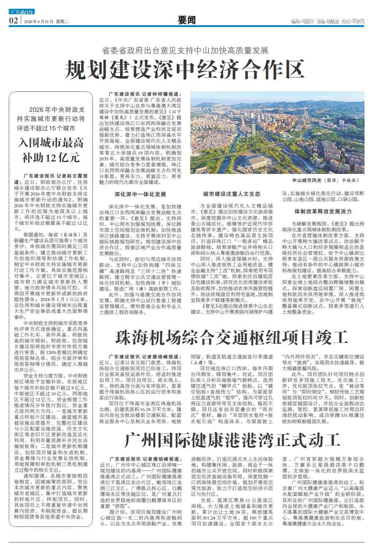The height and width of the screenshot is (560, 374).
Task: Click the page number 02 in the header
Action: click(14, 21)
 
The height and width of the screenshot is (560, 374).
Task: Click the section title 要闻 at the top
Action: click(187, 21)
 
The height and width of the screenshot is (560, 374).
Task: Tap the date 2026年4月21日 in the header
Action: click(38, 22)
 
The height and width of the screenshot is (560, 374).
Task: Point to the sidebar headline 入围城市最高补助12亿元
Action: click(51, 150)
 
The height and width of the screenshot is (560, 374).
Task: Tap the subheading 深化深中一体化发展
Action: click(140, 194)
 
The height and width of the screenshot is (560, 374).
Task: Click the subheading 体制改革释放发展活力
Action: click(323, 211)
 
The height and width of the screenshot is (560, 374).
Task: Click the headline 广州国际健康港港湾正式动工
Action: click(232, 440)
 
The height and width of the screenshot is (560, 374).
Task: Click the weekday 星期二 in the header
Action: click(62, 22)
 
